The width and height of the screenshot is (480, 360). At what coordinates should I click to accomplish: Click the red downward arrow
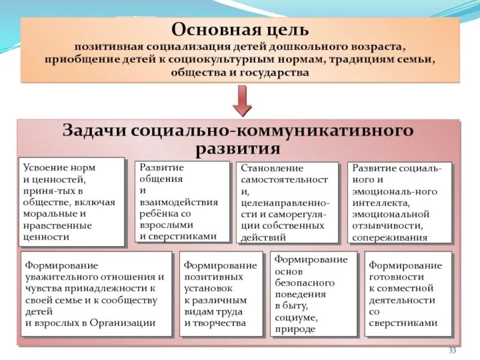click(x=242, y=100)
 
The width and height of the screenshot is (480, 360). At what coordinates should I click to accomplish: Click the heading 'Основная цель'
click(x=241, y=29)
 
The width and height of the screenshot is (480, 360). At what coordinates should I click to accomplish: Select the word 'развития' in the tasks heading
click(x=238, y=148)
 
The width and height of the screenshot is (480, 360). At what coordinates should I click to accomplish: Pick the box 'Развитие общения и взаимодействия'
click(x=181, y=202)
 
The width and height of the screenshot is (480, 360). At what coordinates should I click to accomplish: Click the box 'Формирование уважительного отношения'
click(x=97, y=294)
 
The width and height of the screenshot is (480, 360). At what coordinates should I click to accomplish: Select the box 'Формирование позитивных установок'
click(x=220, y=294)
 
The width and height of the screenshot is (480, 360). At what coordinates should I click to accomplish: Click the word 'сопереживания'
click(x=389, y=237)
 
